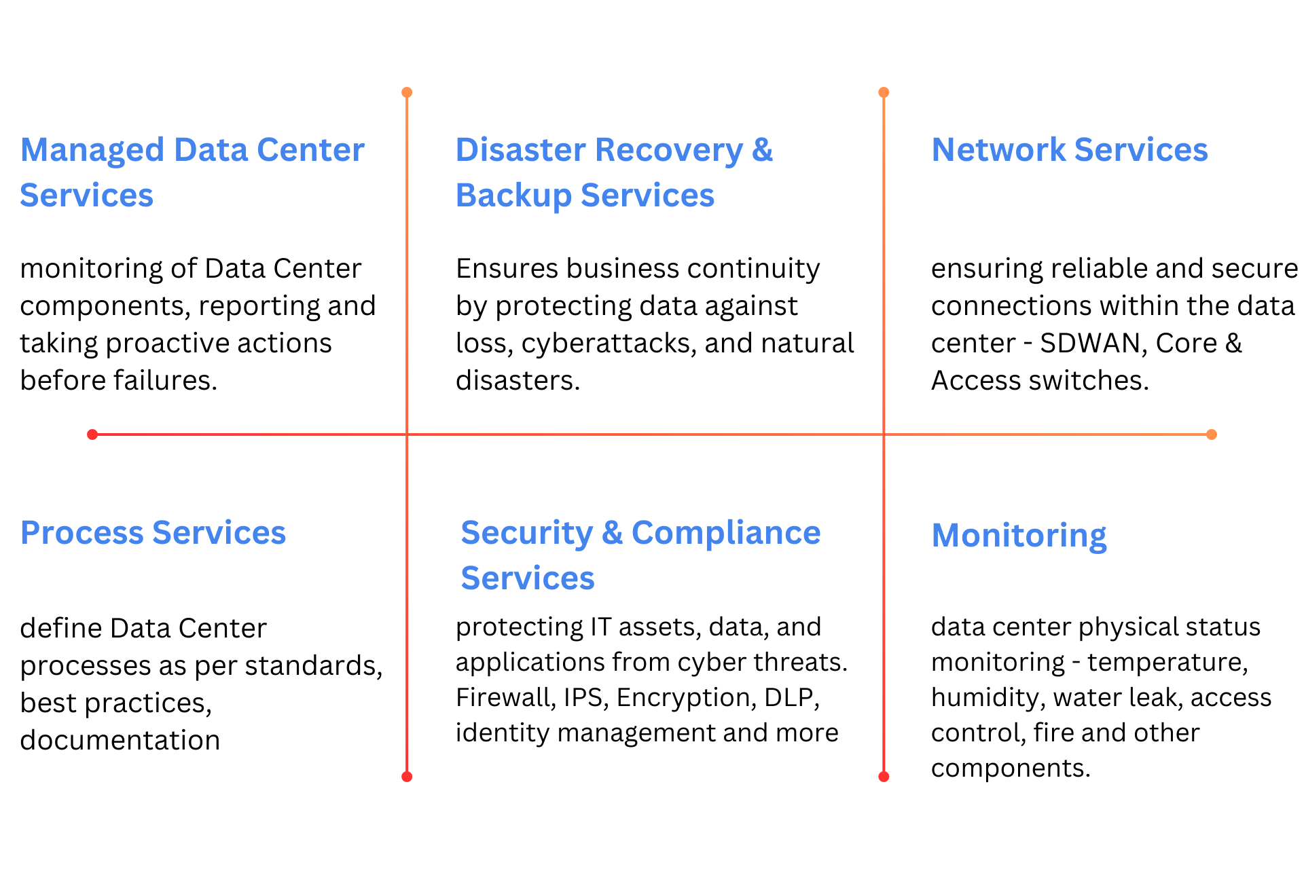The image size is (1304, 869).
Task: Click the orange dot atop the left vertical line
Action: pyautogui.click(x=407, y=92)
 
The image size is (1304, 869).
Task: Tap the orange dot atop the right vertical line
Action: pyautogui.click(x=884, y=92)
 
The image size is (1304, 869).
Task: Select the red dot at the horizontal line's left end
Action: pyautogui.click(x=92, y=434)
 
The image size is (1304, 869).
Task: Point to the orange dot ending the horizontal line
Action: pyautogui.click(x=1212, y=434)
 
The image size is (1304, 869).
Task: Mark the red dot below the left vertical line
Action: pyautogui.click(x=407, y=777)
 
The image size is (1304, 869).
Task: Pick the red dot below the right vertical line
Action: pyautogui.click(x=884, y=777)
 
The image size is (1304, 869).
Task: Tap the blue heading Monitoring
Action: pyautogui.click(x=1019, y=536)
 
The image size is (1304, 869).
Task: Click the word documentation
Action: pyautogui.click(x=120, y=740)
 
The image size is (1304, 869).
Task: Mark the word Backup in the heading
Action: pyautogui.click(x=514, y=196)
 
